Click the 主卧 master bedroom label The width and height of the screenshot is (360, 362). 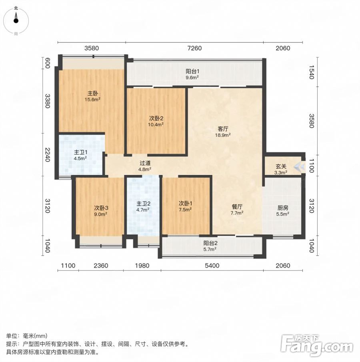[92, 94]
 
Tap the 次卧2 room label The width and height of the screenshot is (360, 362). [156, 118]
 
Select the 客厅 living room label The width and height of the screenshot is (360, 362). [223, 129]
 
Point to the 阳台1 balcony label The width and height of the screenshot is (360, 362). [192, 71]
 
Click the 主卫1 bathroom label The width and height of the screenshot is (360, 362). [80, 152]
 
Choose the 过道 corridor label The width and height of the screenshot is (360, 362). [145, 163]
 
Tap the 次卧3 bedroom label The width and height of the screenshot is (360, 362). [101, 208]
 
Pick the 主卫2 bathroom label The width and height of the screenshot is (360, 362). [143, 204]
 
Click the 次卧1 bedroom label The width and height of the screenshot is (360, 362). [186, 203]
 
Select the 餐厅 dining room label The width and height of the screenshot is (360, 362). [237, 207]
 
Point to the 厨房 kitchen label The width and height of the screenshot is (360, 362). [283, 208]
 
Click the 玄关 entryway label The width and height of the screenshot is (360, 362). [281, 166]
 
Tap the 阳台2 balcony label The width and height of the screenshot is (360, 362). [210, 243]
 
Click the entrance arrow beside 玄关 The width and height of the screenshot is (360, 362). [300, 166]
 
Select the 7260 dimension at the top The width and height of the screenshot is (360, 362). [194, 48]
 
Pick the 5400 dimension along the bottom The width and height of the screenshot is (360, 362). [212, 266]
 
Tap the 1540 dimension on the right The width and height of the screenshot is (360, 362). [312, 72]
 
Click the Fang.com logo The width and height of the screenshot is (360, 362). [316, 345]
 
